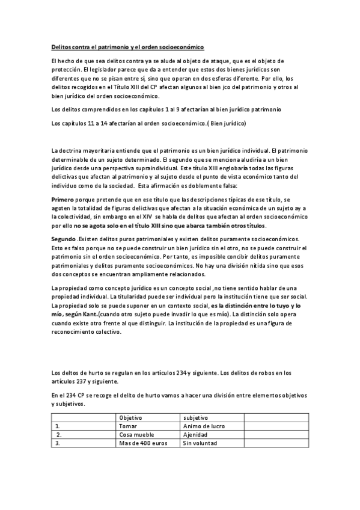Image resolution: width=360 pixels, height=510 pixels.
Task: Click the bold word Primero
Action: click(63, 199)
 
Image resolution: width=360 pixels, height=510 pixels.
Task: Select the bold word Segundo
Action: click(64, 239)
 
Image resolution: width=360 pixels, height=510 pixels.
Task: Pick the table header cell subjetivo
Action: click(195, 417)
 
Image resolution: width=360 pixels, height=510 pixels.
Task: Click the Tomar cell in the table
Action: click(128, 426)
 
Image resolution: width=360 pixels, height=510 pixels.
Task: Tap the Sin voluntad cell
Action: click(200, 443)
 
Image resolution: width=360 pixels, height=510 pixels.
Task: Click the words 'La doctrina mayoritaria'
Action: click(82, 150)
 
